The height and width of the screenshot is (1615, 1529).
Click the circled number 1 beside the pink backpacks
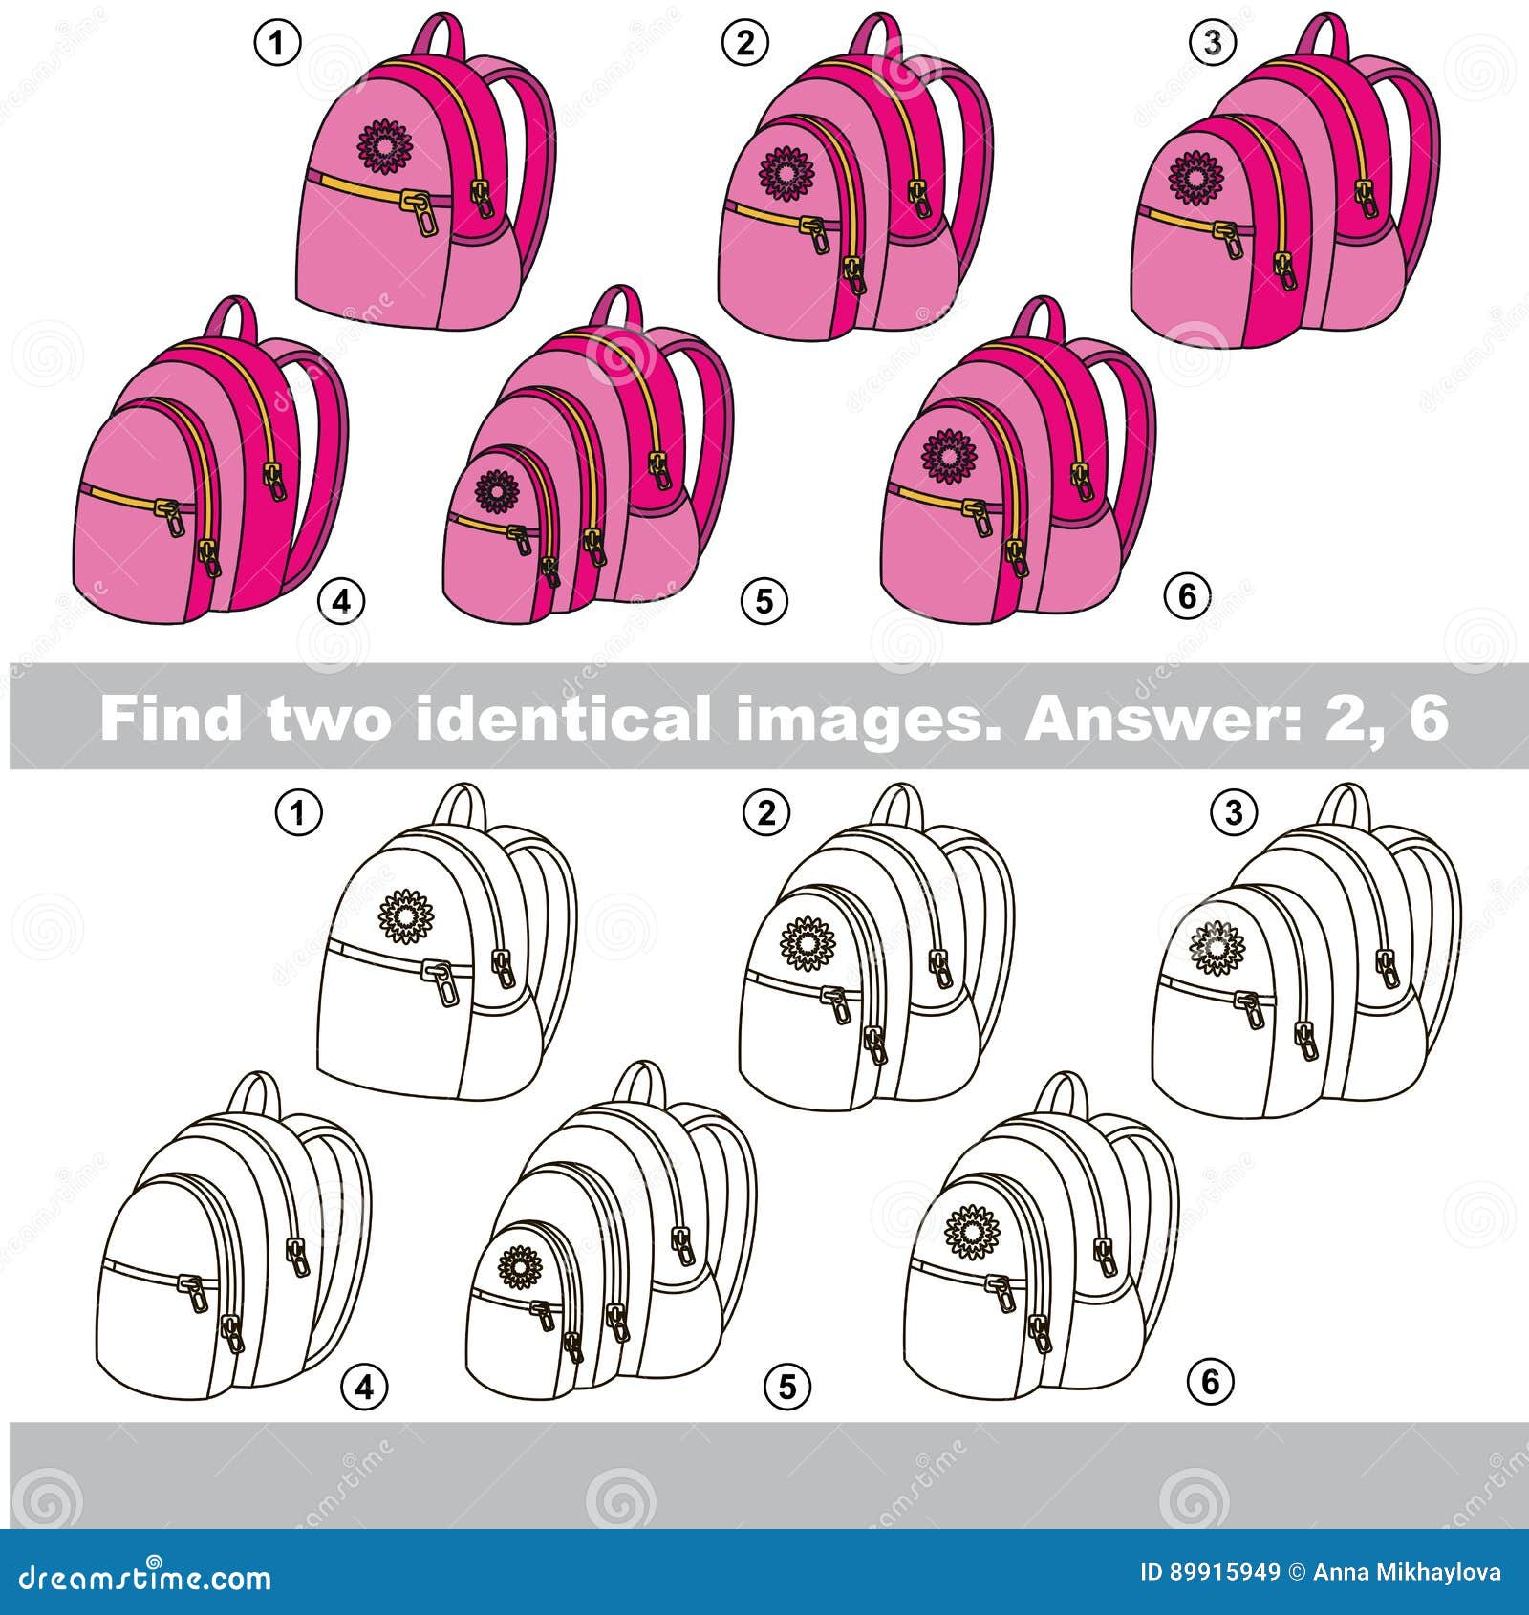pos(277,43)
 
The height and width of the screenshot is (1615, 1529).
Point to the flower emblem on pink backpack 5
pos(497,492)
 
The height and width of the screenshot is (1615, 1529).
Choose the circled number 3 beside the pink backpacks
pos(1213,43)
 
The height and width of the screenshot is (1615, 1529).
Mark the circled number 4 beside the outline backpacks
pos(365,1385)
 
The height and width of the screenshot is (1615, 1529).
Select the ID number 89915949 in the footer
pos(1224,1572)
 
